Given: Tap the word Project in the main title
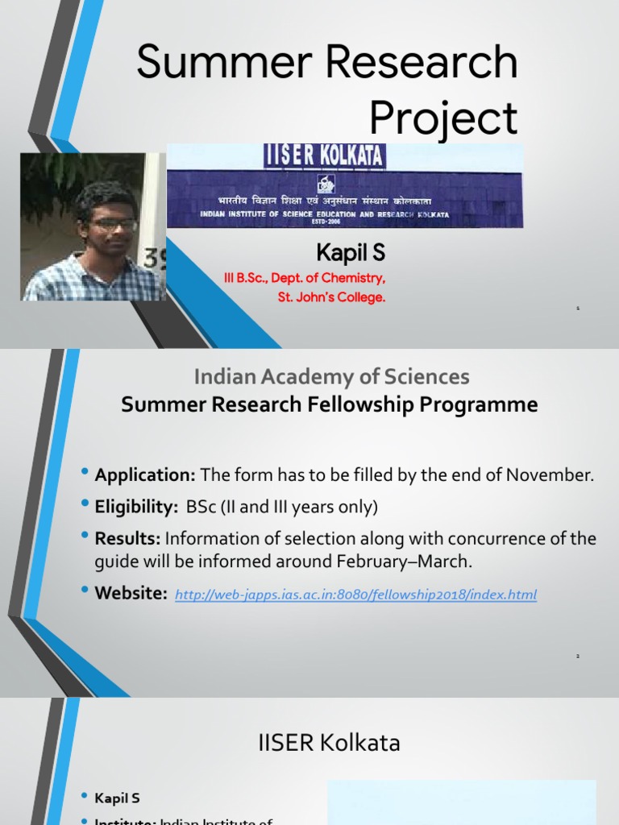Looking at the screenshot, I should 442,118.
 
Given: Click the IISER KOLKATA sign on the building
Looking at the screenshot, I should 324,155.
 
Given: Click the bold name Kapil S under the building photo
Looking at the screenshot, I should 351,254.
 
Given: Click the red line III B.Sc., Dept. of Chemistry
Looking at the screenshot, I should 305,278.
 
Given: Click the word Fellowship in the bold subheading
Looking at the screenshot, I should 367,404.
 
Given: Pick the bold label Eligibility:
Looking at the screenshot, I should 135,507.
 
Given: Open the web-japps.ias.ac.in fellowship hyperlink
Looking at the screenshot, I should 355,595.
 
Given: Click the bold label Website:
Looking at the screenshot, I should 131,594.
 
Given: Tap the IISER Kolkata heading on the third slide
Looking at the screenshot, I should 329,742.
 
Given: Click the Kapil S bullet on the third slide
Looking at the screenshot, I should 117,798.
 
